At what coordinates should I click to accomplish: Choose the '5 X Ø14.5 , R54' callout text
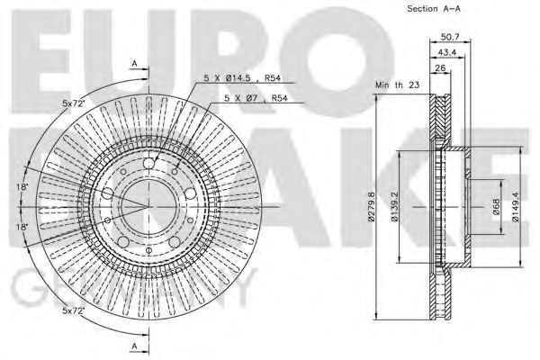pos(238,79)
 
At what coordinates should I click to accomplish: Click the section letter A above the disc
pos(134,63)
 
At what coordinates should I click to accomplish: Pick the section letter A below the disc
pos(134,346)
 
